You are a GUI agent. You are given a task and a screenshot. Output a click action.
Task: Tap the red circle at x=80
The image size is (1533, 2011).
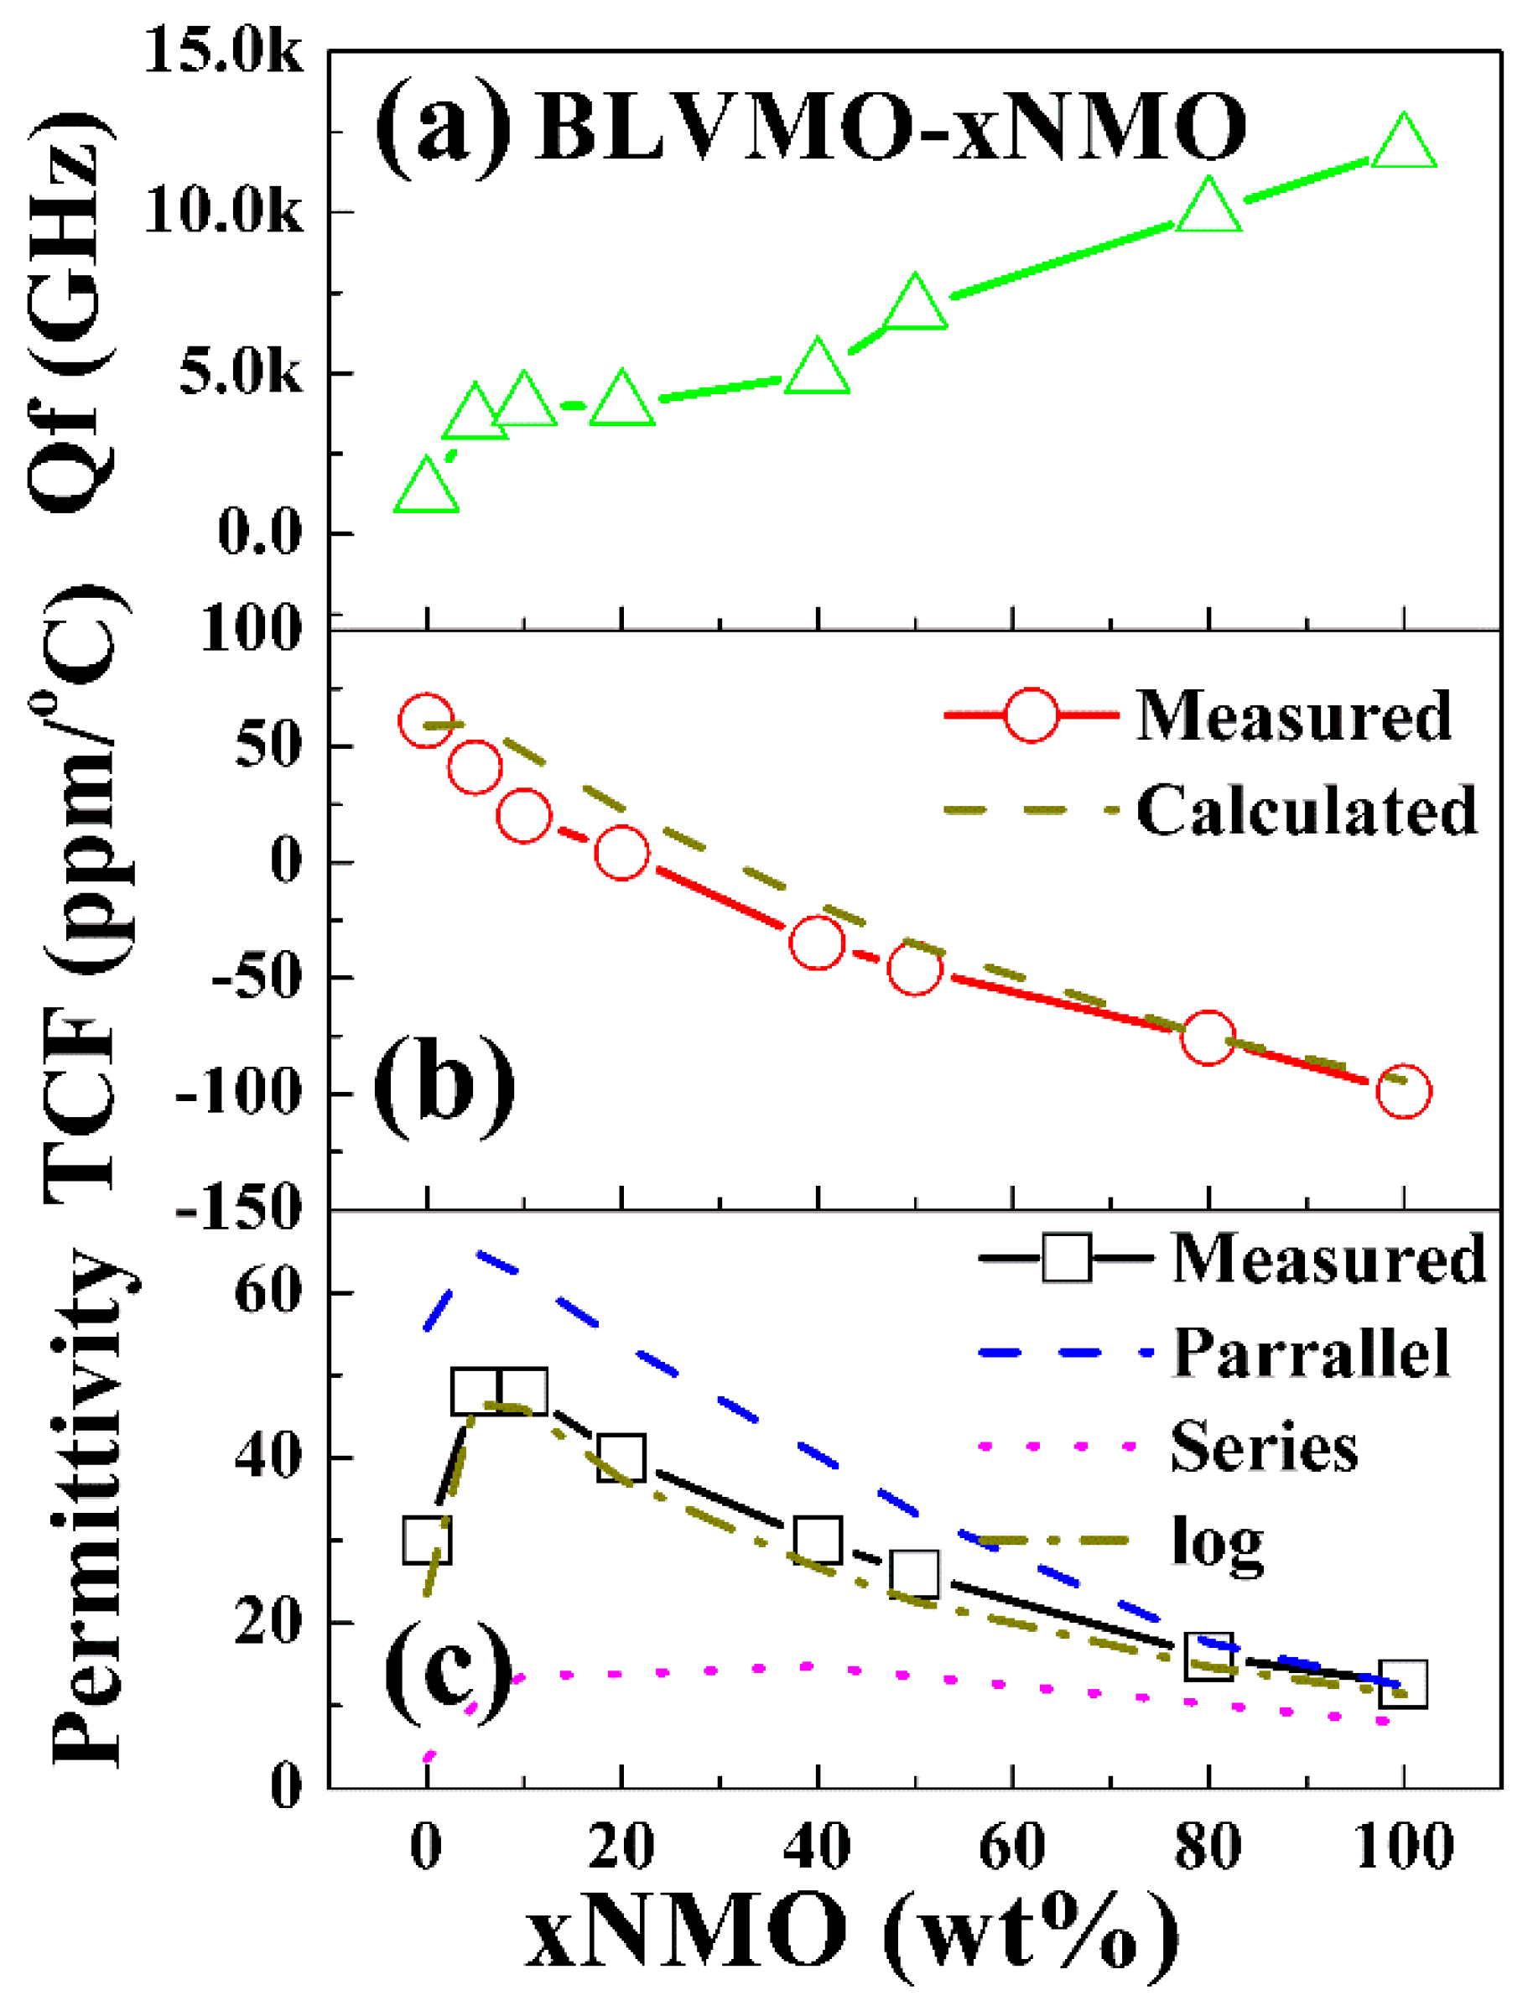[x=1208, y=1037]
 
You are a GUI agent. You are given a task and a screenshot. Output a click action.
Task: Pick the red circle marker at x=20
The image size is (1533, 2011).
[x=621, y=853]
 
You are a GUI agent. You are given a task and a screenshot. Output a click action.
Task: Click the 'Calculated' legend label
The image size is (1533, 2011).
[x=1306, y=810]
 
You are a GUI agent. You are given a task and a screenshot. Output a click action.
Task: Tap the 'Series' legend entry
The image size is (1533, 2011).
[x=1265, y=1448]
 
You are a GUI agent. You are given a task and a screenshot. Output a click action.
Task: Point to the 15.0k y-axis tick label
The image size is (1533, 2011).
[x=224, y=53]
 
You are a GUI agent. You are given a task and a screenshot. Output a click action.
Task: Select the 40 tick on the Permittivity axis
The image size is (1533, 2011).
[x=268, y=1458]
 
